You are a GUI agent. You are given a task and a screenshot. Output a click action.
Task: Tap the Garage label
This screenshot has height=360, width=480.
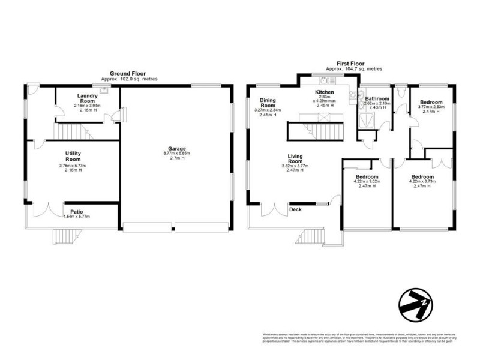coord(177,148)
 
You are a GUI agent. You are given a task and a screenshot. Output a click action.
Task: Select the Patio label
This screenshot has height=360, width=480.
coord(76,211)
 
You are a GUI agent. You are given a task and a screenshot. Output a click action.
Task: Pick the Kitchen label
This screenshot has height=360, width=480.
coord(324,92)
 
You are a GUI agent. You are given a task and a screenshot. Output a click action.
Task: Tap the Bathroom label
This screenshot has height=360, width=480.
coord(377,99)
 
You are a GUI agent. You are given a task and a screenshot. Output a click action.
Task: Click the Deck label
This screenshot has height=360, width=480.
coord(295,210)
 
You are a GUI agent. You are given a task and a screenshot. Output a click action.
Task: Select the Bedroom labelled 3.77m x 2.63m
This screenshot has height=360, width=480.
coord(431,103)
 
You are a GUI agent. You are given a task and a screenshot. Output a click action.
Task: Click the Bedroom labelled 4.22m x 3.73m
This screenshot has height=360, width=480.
coord(422,177)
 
